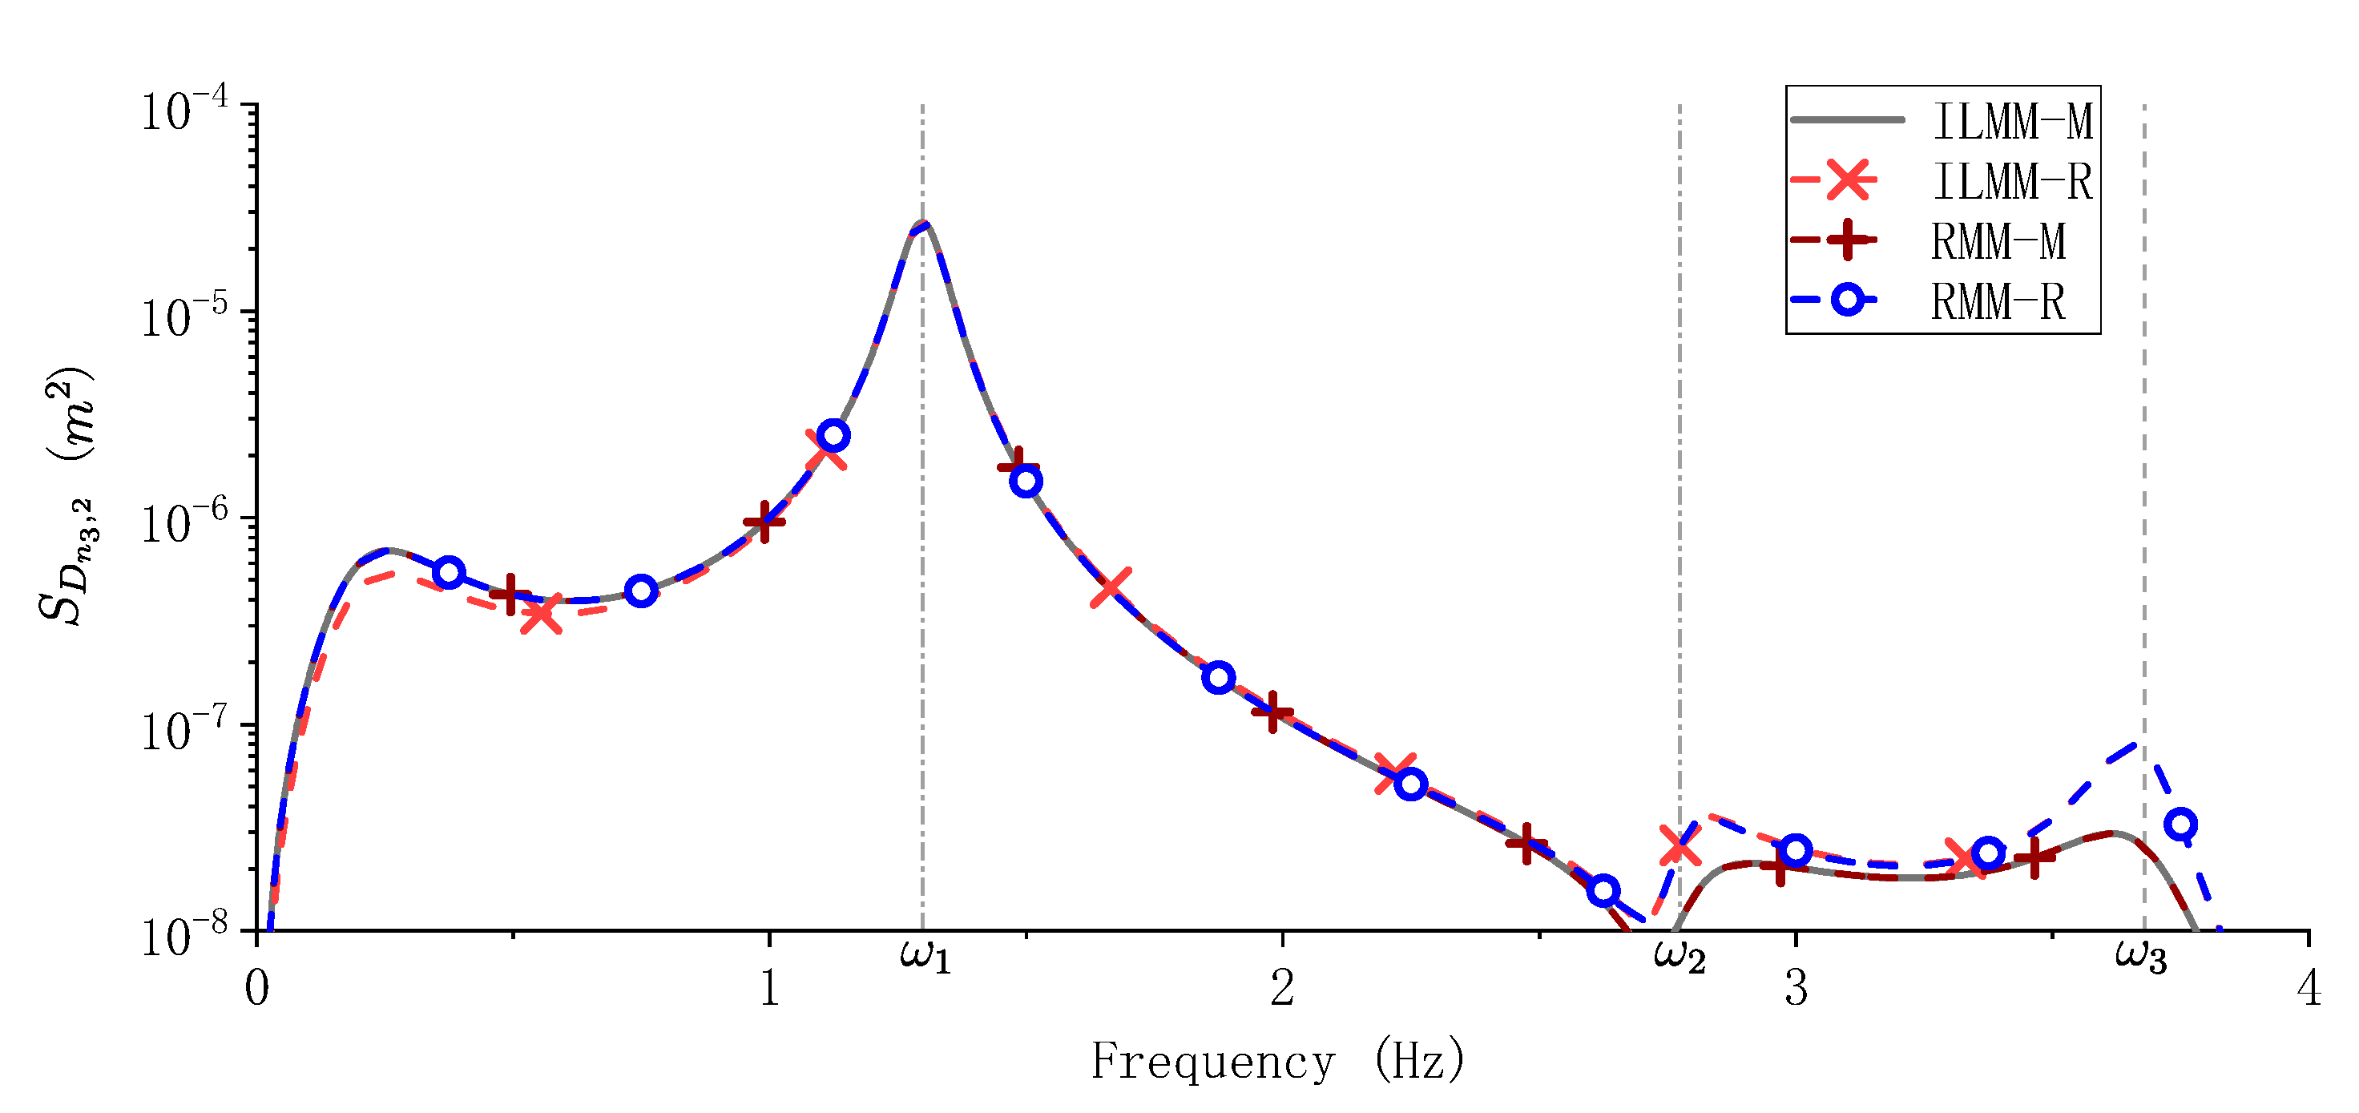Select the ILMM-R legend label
2012,181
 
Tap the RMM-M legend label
1998,242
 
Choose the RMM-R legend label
1998,301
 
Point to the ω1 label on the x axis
925,957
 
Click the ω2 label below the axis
1680,958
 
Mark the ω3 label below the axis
2141,958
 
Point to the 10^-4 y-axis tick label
184,111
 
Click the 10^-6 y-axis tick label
184,524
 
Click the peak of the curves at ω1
925,224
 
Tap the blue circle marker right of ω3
2181,825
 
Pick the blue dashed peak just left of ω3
2135,744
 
